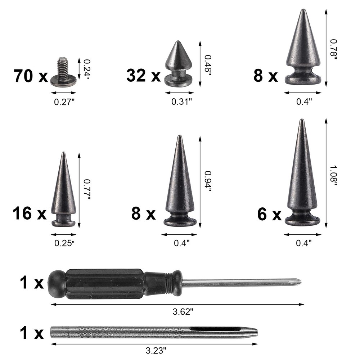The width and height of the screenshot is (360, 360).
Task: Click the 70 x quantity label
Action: pyautogui.click(x=31, y=76)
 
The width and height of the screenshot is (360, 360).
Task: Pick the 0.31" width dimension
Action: pyautogui.click(x=181, y=102)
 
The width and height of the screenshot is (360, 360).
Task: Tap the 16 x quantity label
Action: pyautogui.click(x=30, y=213)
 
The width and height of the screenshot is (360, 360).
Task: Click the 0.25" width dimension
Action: pyautogui.click(x=64, y=243)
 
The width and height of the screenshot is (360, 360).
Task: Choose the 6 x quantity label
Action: pyautogui.click(x=269, y=215)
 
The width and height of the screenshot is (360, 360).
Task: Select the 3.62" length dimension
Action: pyautogui.click(x=184, y=312)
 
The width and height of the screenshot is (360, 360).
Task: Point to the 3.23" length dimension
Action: pyautogui.click(x=156, y=350)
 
